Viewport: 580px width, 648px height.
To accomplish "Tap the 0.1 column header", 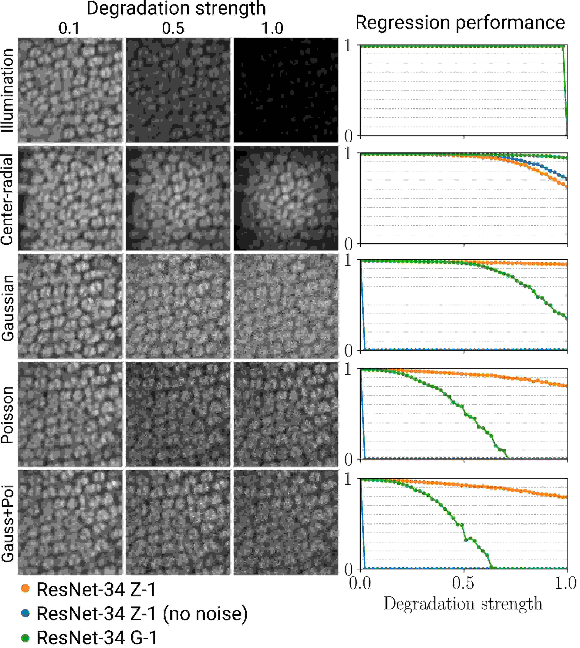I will [69, 28].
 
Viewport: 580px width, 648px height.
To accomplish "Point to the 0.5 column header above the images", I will [173, 28].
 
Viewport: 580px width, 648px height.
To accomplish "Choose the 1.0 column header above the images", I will [272, 28].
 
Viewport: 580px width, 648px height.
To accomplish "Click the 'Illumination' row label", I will [8, 90].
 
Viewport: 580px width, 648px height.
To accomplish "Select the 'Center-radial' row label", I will [8, 199].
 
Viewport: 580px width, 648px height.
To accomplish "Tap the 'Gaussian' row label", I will [8, 308].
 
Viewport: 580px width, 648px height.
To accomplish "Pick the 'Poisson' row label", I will [8, 415].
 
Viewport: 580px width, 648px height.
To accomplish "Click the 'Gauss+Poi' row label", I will [8, 523].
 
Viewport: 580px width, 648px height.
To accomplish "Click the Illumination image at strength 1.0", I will [286, 90].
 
